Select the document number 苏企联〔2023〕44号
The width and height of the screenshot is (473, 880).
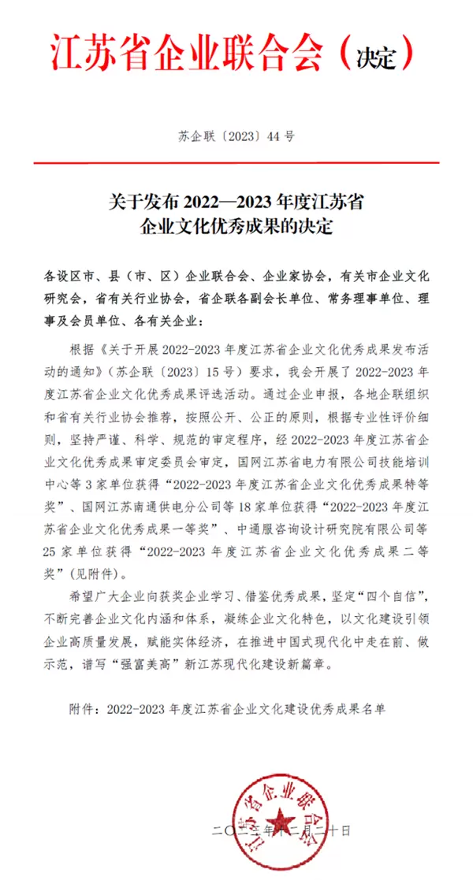(236, 136)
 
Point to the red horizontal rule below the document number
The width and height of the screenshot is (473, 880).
(236, 163)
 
